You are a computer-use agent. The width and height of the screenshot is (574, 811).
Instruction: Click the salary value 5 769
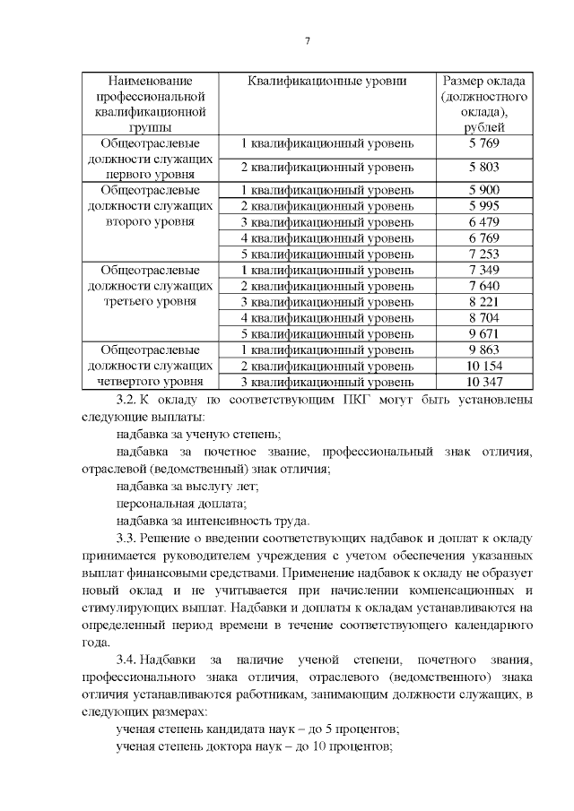click(483, 143)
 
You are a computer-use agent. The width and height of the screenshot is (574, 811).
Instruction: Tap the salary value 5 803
click(483, 167)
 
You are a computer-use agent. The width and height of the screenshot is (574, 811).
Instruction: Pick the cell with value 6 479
click(483, 222)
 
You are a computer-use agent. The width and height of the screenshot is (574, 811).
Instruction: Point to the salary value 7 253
click(483, 255)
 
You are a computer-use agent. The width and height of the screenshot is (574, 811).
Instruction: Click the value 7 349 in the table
click(483, 270)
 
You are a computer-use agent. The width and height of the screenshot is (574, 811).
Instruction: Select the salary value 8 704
click(483, 317)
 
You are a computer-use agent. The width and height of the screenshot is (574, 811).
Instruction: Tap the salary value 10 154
click(483, 366)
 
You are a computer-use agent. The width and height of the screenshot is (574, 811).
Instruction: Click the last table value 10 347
click(483, 382)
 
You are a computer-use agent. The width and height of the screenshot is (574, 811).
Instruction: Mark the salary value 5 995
click(483, 206)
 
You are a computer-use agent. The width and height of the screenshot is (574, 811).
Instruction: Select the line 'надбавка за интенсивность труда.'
click(213, 521)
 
